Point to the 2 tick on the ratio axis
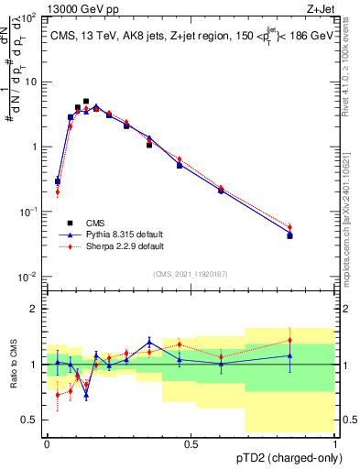point(38,309)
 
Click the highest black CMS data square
point(86,102)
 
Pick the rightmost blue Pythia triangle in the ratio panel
point(289,355)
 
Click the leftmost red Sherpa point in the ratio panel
point(58,395)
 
